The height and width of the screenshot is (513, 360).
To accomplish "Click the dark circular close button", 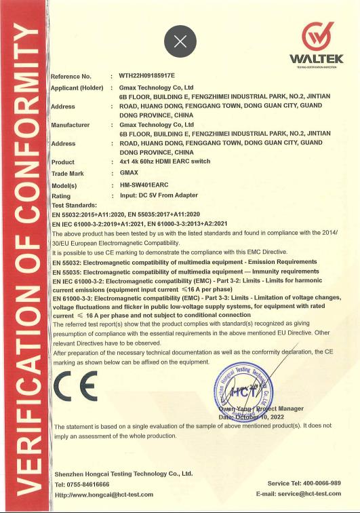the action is pyautogui.click(x=180, y=41).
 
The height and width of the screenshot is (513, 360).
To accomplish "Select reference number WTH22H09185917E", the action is pyautogui.click(x=146, y=76).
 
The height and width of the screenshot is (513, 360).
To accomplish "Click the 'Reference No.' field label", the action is pyautogui.click(x=71, y=76).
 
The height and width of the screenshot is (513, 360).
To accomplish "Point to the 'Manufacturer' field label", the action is pyautogui.click(x=71, y=125).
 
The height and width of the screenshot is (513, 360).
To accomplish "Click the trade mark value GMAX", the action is pyautogui.click(x=129, y=174).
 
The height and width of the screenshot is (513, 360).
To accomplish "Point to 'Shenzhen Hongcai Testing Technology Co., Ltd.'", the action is pyautogui.click(x=123, y=473).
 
